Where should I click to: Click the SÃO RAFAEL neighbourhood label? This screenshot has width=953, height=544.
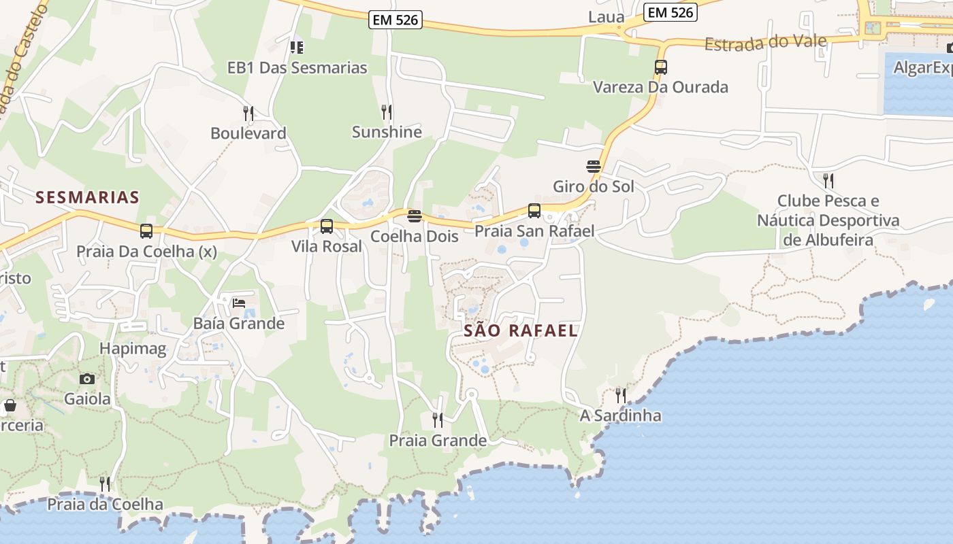click(521, 331)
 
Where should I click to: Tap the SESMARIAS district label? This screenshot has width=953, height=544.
click(87, 197)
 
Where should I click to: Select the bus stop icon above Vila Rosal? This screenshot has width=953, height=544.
click(327, 226)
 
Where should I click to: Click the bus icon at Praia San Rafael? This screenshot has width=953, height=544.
click(534, 211)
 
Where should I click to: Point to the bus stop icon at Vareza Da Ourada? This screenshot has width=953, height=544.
click(660, 67)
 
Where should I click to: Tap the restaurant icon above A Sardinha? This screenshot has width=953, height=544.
click(620, 395)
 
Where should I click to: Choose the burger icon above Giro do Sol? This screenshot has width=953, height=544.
click(594, 167)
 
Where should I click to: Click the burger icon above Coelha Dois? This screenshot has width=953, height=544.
click(415, 217)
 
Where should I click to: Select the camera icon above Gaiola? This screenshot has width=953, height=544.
click(87, 379)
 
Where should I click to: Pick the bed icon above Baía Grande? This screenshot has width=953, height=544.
click(238, 303)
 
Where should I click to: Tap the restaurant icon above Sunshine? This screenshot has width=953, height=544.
click(387, 112)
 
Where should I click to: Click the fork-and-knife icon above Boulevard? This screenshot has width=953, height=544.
click(248, 113)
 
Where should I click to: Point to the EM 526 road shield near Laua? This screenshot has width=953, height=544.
click(671, 12)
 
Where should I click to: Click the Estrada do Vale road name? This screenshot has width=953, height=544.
click(766, 43)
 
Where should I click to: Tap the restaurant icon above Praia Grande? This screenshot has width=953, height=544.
click(438, 420)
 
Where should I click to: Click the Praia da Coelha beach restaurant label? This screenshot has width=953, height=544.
click(105, 504)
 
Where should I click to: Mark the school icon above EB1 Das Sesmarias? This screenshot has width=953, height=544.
click(296, 48)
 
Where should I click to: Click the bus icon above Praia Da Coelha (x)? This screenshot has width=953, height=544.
click(146, 231)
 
